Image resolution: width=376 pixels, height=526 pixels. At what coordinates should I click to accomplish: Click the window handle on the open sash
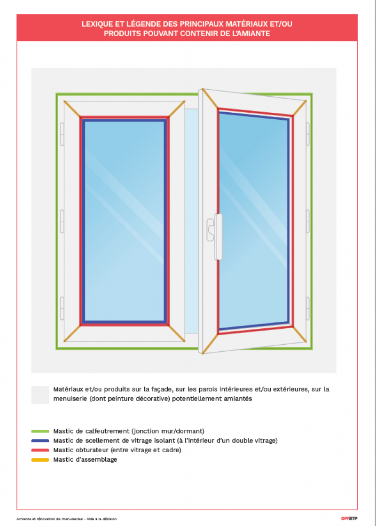point(218,237)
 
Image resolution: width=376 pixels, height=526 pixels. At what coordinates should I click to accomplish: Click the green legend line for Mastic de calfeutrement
point(40,431)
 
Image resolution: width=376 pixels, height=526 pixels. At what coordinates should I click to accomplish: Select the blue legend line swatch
point(40,441)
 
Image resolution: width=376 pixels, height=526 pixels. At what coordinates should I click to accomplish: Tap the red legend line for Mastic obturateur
point(40,450)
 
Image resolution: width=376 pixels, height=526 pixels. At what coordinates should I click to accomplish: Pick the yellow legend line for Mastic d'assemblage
point(40,460)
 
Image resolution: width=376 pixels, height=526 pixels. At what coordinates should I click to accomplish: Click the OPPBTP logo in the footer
point(349,518)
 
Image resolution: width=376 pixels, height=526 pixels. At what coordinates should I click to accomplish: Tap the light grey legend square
point(40,394)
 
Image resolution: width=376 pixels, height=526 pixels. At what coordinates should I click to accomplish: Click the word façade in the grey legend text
point(156,389)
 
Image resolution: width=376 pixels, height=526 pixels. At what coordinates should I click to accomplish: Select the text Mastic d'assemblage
point(85,460)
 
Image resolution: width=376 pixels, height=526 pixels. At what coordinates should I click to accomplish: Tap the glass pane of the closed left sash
point(124,221)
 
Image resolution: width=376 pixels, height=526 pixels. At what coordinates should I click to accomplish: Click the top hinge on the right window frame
point(308,134)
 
